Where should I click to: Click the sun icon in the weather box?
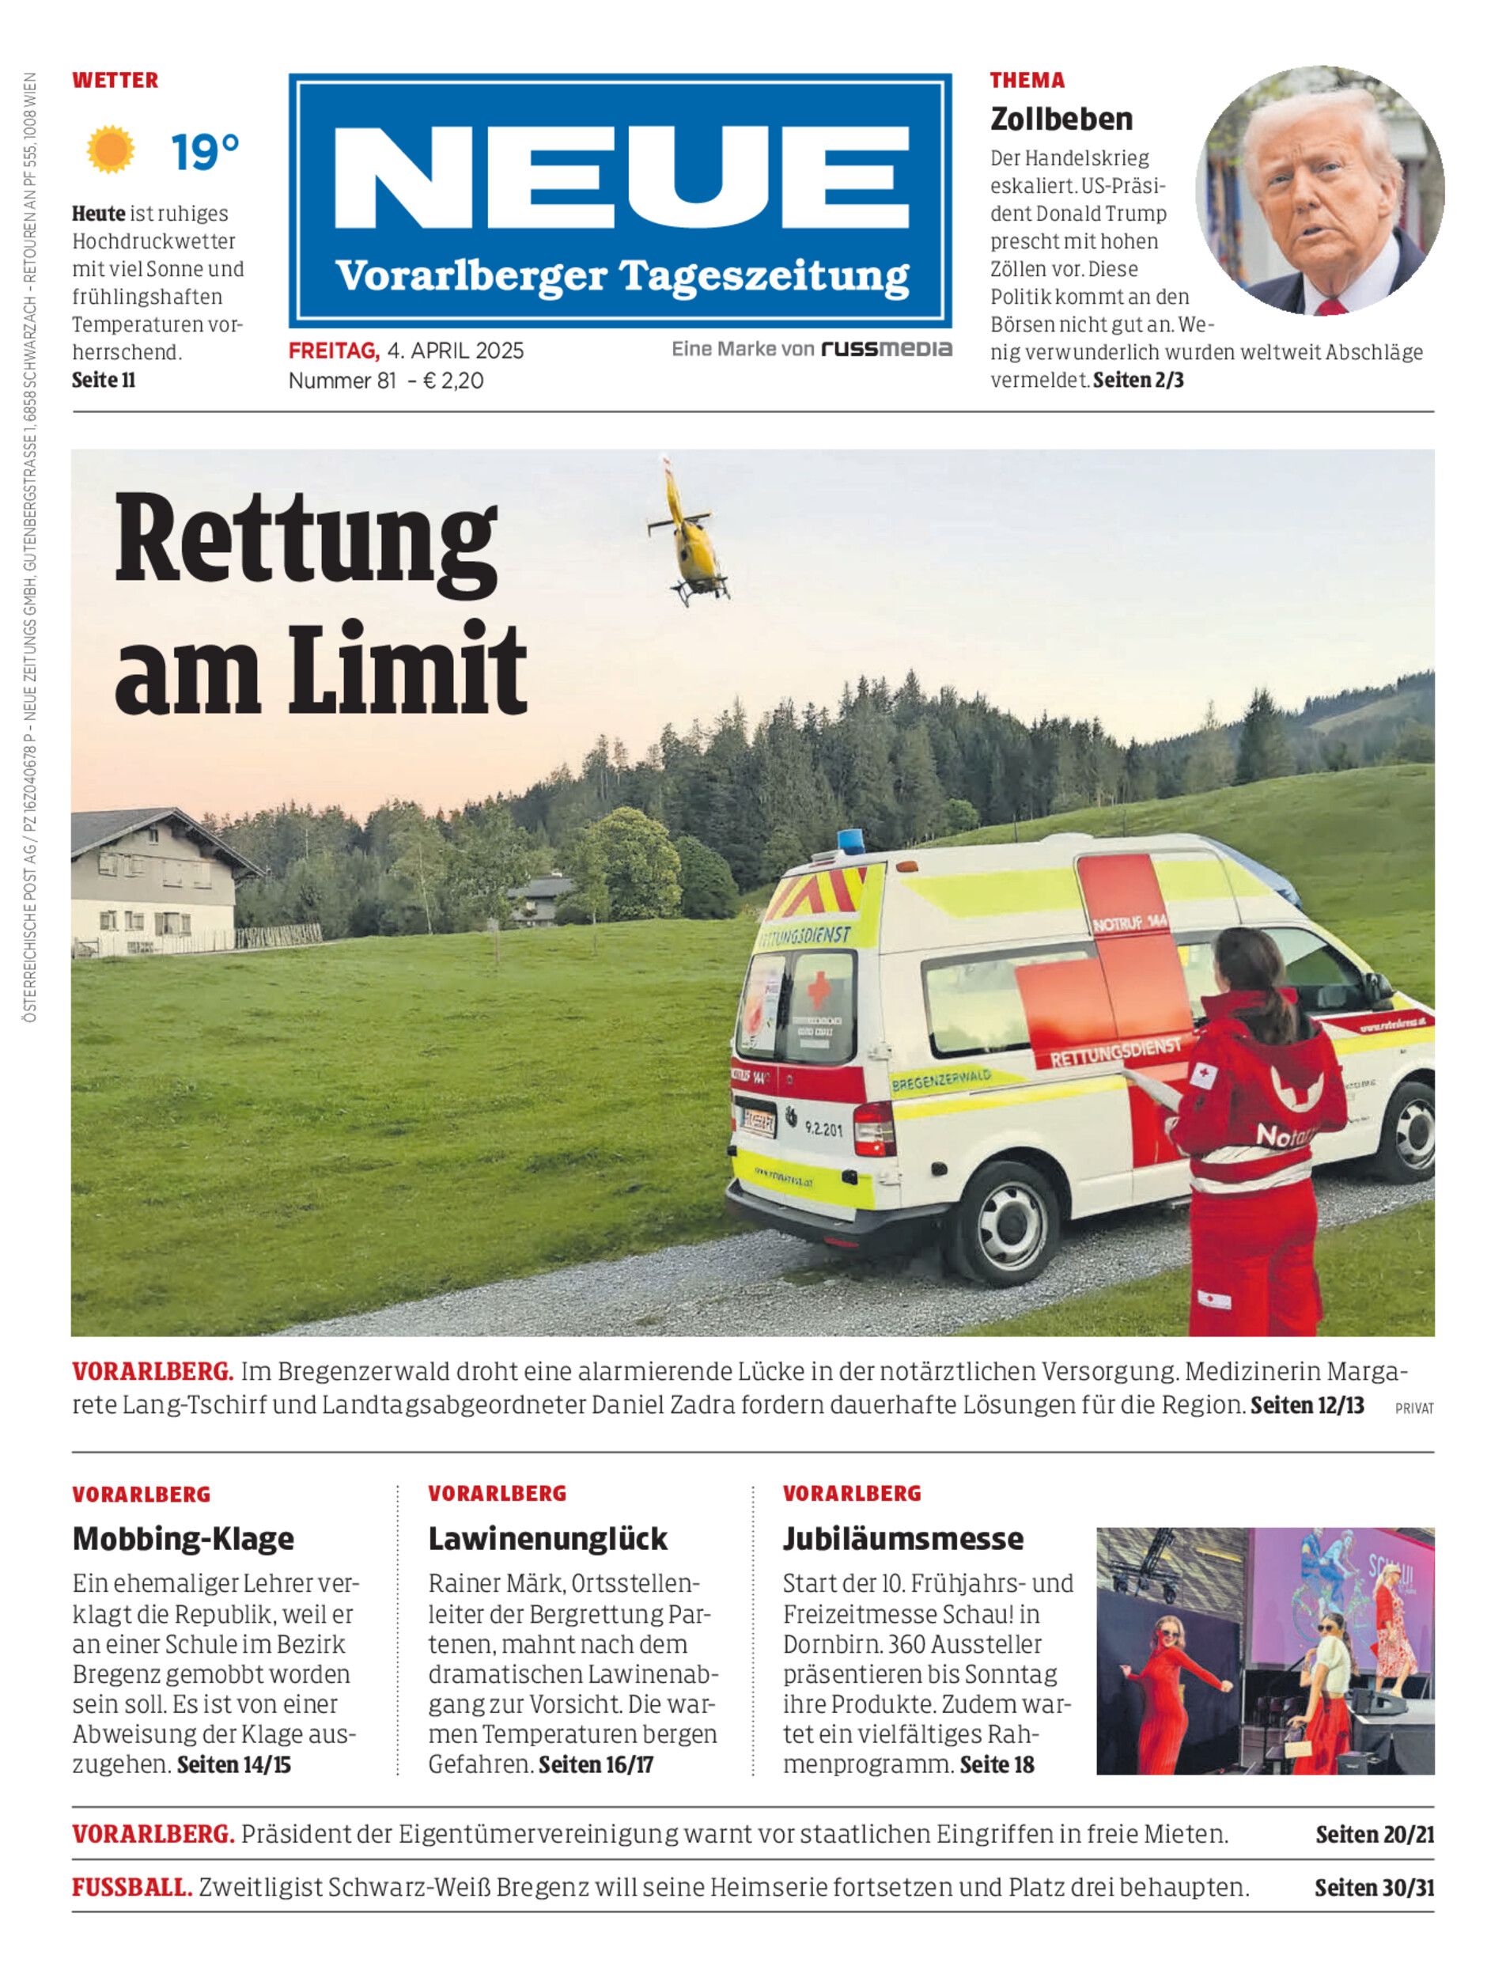tap(112, 150)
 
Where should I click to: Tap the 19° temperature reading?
tap(206, 152)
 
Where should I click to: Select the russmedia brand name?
tap(887, 349)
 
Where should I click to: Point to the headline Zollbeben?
tap(1061, 119)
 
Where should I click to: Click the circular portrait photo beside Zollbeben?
tap(1319, 190)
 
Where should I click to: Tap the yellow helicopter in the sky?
tap(688, 536)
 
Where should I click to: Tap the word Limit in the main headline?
tap(407, 668)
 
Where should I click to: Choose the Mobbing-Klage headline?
tap(183, 1539)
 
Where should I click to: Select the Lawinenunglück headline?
tap(547, 1539)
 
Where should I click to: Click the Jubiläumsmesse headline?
tap(902, 1539)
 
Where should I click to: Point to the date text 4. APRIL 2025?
tap(456, 351)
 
